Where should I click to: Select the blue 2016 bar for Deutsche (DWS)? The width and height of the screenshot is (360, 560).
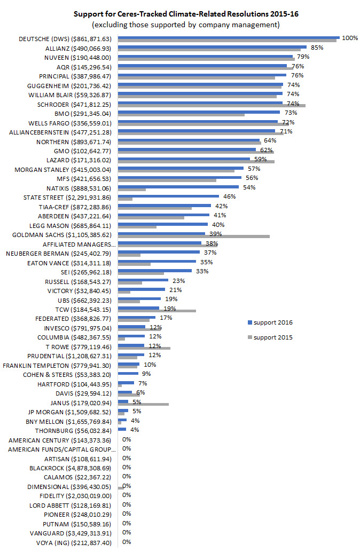229,37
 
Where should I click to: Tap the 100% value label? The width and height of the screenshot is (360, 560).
350,38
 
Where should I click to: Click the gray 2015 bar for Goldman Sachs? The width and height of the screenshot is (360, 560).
193,236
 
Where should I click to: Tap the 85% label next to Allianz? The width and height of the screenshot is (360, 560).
317,48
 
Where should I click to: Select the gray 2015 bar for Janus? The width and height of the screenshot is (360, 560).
143,404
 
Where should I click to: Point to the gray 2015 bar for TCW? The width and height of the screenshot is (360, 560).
156,311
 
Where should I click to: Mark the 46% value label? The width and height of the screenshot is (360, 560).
229,196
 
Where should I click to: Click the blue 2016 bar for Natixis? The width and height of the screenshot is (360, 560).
178,187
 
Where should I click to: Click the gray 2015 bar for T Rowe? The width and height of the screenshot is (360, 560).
144,348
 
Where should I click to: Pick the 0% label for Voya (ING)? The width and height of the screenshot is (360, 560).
127,542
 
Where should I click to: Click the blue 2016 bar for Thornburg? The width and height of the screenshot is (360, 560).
122,429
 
